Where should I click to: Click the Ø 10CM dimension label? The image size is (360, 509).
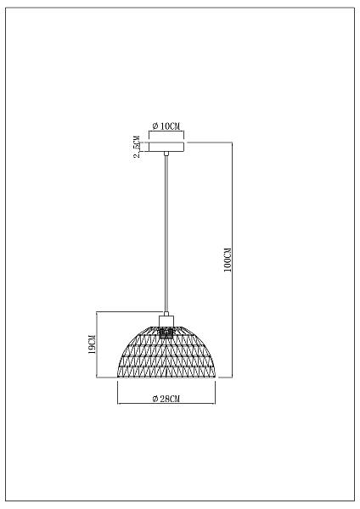coord(166,126)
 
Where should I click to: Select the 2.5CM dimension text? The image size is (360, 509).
coord(138,147)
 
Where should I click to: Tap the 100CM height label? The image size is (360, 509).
coord(228,260)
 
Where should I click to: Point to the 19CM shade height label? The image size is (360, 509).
coord(93,344)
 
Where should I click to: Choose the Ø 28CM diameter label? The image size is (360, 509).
coord(166,399)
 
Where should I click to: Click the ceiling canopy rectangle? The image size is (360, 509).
coord(166,147)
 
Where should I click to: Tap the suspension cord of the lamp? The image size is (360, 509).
coord(166,234)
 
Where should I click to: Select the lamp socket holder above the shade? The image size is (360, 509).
coord(166,322)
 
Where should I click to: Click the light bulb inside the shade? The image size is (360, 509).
coord(166,333)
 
